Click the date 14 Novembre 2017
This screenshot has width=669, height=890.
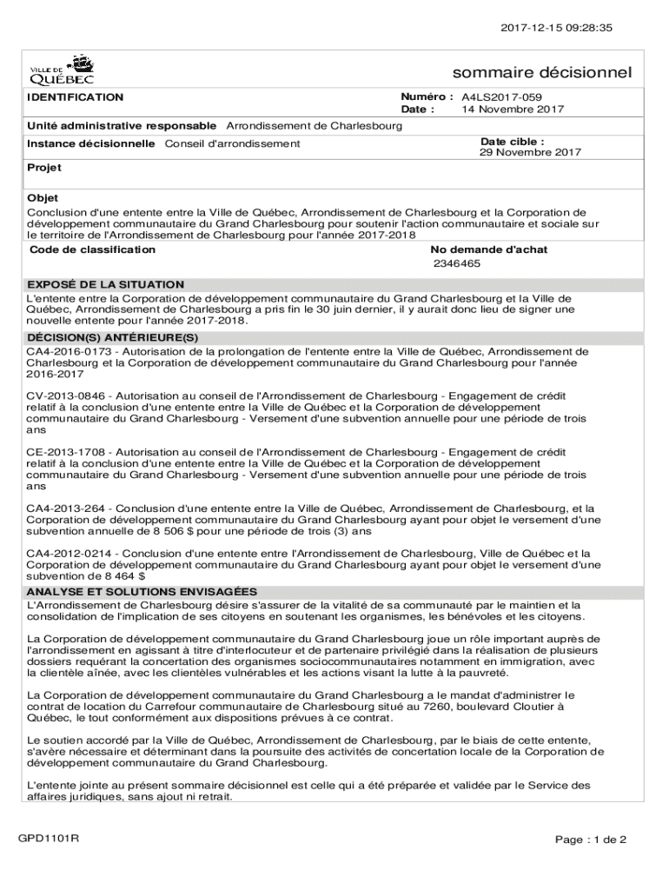[x=513, y=110]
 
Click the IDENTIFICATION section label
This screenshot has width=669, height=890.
[x=76, y=97]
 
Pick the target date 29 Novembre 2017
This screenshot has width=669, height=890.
[x=531, y=152]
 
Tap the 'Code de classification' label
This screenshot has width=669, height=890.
[x=93, y=249]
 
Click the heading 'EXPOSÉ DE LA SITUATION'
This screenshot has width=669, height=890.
[x=106, y=284]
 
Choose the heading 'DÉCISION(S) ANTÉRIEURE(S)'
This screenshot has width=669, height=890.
[x=113, y=336]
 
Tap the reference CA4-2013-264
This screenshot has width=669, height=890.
[x=63, y=508]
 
